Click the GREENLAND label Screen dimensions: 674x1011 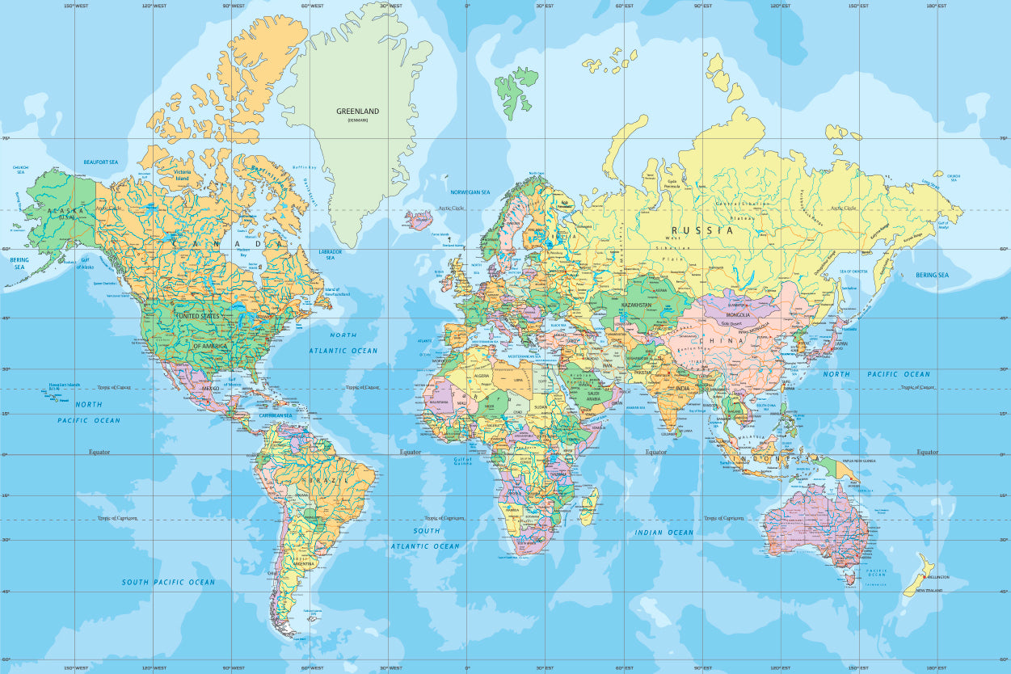(357, 112)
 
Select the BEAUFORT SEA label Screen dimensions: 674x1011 (101, 162)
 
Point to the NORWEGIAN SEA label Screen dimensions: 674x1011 (470, 192)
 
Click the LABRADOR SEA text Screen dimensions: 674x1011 (331, 255)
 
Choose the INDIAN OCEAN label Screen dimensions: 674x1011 (664, 533)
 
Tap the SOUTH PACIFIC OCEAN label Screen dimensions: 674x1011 (168, 582)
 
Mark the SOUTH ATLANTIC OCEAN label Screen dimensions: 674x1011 (426, 538)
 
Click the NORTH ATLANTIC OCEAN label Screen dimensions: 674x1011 (343, 343)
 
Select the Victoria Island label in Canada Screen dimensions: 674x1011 (182, 175)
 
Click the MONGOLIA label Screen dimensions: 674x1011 (737, 314)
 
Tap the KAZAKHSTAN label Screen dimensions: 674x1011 (637, 305)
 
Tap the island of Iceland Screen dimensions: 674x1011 (419, 220)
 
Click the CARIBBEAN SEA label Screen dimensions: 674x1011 (276, 415)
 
